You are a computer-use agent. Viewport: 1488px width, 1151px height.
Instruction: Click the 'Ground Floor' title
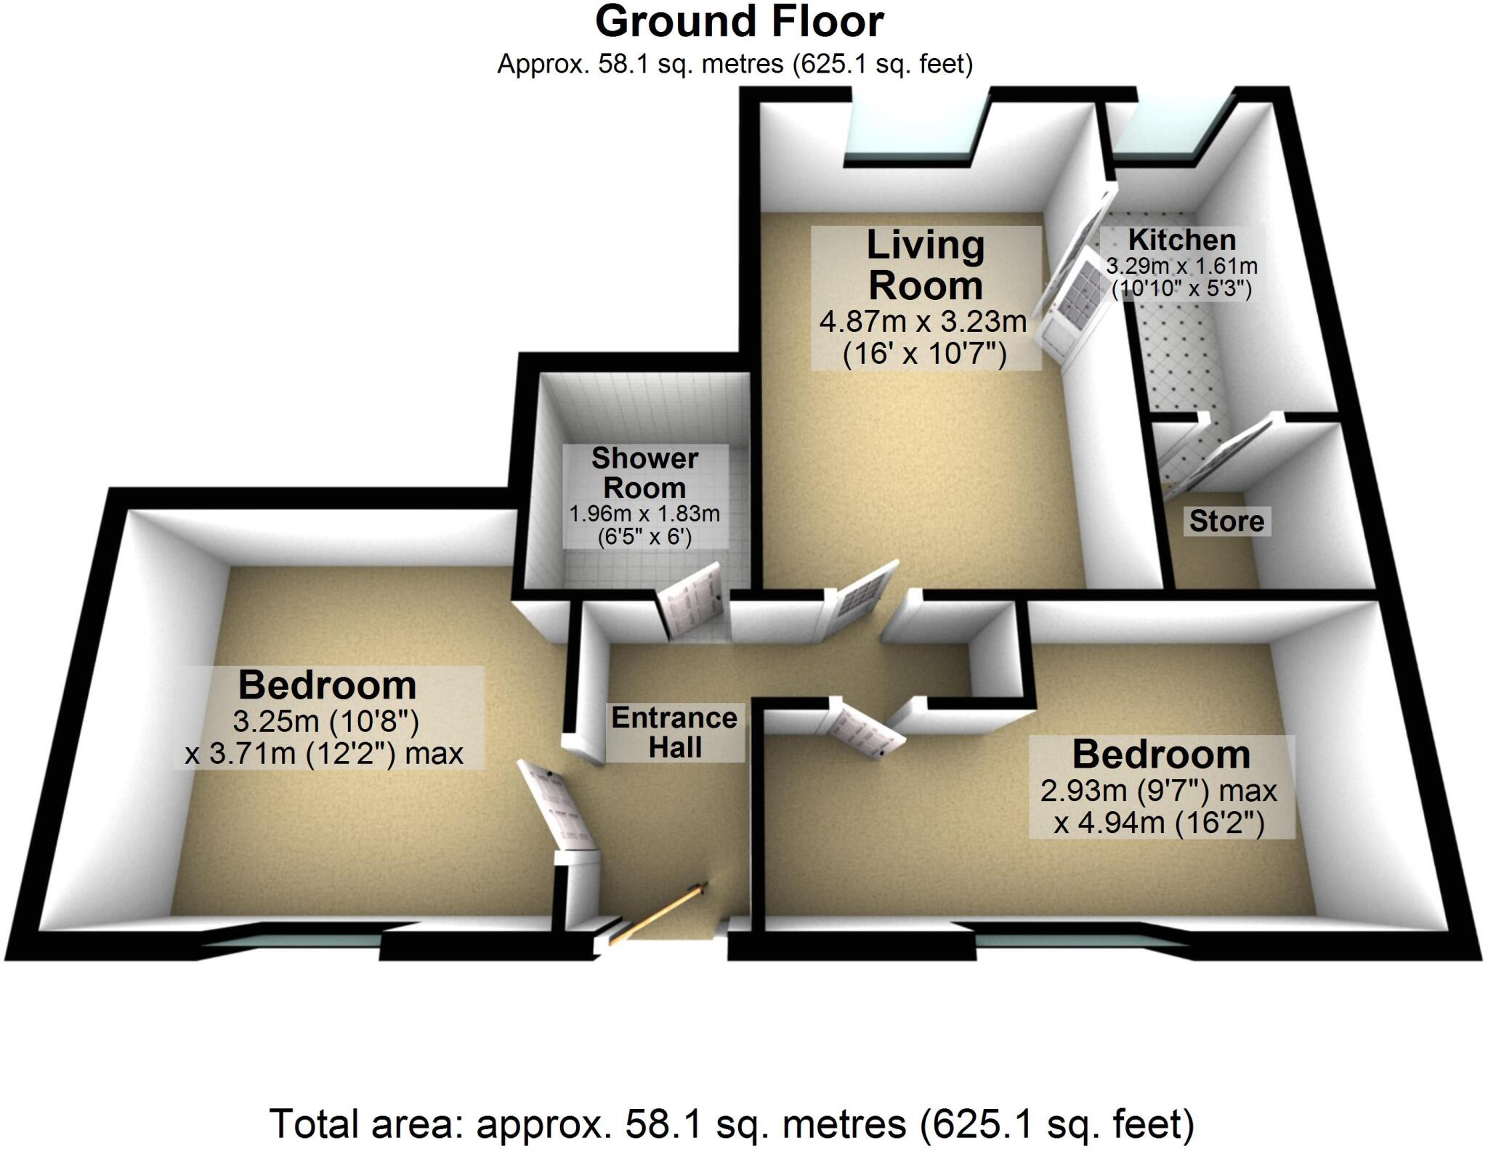pyautogui.click(x=739, y=22)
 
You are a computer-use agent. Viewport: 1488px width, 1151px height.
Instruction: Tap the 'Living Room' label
pyautogui.click(x=925, y=265)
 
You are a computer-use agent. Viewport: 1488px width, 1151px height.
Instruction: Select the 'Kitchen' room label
pyautogui.click(x=1181, y=240)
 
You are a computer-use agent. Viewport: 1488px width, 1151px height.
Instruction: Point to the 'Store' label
pyautogui.click(x=1226, y=521)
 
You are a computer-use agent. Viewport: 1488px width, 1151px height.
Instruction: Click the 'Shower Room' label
pyautogui.click(x=644, y=473)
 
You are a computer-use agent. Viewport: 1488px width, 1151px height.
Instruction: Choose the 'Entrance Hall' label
pyautogui.click(x=674, y=732)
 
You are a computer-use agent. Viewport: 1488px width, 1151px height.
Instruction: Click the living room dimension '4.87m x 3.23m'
pyautogui.click(x=923, y=321)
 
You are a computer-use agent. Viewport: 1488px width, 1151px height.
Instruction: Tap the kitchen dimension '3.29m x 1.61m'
pyautogui.click(x=1181, y=266)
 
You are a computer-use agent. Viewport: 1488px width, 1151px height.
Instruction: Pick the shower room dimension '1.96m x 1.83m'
pyautogui.click(x=644, y=514)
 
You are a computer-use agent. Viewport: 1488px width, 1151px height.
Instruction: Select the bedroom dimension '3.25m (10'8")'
pyautogui.click(x=325, y=721)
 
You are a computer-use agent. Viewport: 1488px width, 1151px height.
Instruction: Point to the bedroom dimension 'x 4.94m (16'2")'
pyautogui.click(x=1160, y=823)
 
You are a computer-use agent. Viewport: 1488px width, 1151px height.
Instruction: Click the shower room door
pyautogui.click(x=691, y=601)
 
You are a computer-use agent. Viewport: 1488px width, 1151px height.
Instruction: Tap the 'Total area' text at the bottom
pyautogui.click(x=732, y=1124)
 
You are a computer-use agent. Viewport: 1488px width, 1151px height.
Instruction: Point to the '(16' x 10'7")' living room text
pyautogui.click(x=924, y=355)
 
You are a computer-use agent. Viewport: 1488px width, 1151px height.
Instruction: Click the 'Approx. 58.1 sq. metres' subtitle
pyautogui.click(x=735, y=65)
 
